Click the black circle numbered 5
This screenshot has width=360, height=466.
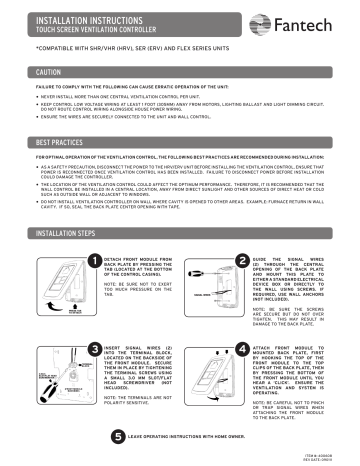coord(119,436)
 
